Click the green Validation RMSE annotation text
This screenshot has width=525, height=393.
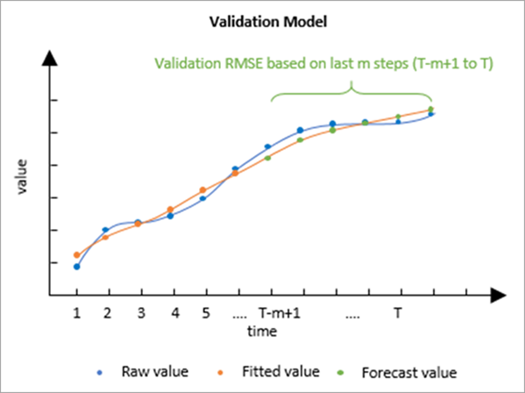point(335,63)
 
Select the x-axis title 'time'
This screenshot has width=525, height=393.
point(261,331)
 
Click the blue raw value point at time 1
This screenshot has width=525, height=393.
point(76,267)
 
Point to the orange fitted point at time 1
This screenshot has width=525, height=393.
point(76,255)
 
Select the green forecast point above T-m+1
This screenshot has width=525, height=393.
point(268,158)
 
